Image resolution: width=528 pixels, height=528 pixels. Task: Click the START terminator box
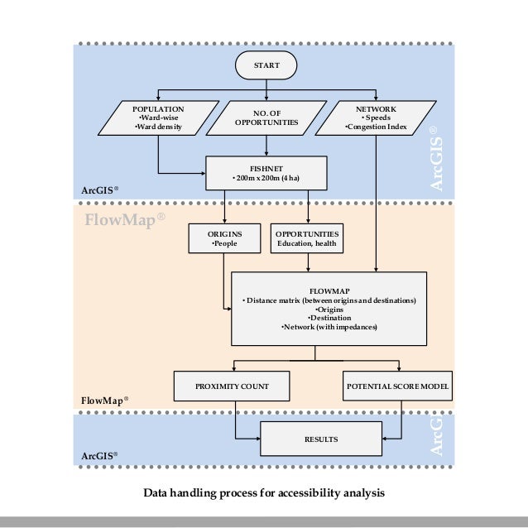click(x=266, y=65)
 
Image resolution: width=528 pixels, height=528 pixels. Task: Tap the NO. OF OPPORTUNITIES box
click(x=266, y=118)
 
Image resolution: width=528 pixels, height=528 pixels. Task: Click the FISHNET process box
click(x=266, y=173)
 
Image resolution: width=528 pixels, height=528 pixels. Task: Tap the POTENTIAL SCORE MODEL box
click(x=398, y=386)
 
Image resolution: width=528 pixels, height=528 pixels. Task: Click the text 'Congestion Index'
click(x=376, y=127)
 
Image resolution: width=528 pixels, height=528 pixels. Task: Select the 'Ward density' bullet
click(x=159, y=127)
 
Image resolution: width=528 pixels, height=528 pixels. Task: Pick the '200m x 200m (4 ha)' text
click(x=268, y=178)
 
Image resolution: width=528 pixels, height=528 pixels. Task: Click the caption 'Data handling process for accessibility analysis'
click(x=264, y=493)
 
